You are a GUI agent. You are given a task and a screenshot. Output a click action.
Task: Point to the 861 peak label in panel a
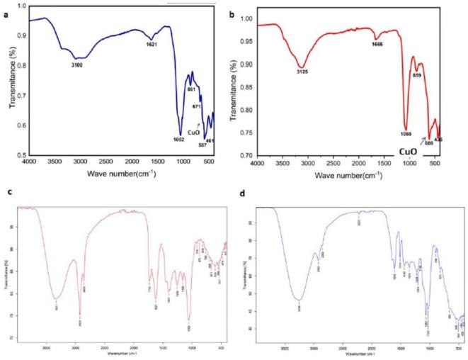pyautogui.click(x=190, y=89)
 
